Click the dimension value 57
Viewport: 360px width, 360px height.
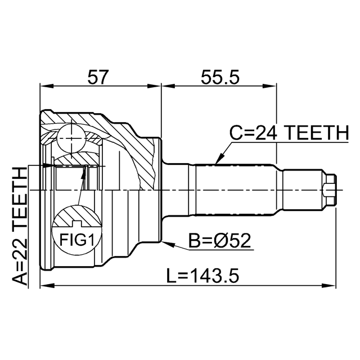coord(97,77)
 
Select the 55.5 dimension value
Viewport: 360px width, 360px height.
coord(220,77)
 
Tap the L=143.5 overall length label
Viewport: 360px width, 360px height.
coord(202,275)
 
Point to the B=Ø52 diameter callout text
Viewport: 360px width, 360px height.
coord(219,241)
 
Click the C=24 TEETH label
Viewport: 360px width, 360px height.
coord(289,133)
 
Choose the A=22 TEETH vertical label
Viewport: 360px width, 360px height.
coord(20,226)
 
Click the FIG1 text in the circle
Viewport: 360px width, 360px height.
coord(77,240)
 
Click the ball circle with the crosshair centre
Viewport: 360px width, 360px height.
coord(71,138)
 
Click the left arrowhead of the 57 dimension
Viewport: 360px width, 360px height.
coord(47,86)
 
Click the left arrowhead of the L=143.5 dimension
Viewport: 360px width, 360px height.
coord(47,286)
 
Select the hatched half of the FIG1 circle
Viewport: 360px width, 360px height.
coord(77,216)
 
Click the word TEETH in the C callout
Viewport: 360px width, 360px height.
coord(317,133)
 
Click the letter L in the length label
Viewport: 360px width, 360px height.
coord(171,275)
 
